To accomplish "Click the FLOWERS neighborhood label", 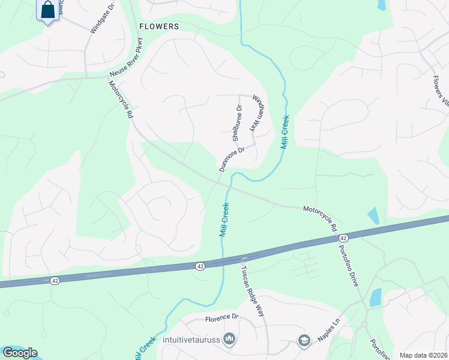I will (159, 26).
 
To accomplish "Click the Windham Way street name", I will (256, 113).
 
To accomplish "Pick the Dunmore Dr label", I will (232, 159).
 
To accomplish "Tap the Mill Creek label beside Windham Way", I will (285, 132).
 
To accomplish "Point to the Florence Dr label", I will (222, 317).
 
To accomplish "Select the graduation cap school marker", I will (303, 341).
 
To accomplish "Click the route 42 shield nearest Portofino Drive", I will (343, 238).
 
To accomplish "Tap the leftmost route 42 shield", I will (55, 280).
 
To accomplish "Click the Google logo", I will (20, 353).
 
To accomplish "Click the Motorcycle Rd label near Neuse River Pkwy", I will (121, 100).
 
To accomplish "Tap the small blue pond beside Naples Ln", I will (376, 297).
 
